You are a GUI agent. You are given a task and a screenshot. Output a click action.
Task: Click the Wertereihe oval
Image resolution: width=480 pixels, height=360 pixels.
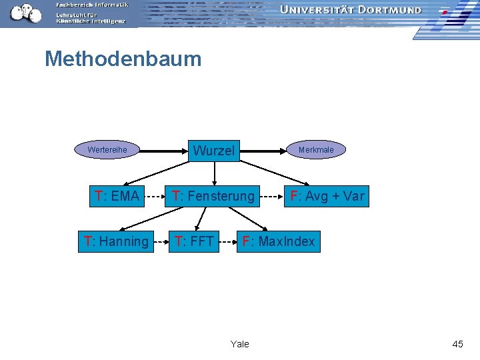(x=107, y=150)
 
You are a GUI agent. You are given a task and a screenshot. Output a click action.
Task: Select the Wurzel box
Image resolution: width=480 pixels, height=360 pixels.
(x=214, y=151)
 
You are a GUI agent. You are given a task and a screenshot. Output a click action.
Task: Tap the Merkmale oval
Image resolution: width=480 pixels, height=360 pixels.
(x=316, y=150)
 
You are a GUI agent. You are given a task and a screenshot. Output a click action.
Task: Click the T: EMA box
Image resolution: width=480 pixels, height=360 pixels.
(x=117, y=196)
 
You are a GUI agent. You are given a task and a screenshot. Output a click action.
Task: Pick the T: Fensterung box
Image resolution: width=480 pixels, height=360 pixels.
(x=213, y=196)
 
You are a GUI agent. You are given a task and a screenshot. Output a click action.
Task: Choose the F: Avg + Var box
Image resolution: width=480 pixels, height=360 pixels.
(x=326, y=196)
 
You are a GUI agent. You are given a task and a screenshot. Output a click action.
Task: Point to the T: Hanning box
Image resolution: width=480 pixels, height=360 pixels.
(x=116, y=241)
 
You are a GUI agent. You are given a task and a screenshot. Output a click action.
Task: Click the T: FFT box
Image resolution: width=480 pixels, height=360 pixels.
(x=194, y=241)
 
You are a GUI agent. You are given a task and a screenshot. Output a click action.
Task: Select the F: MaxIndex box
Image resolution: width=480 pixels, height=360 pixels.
(x=279, y=241)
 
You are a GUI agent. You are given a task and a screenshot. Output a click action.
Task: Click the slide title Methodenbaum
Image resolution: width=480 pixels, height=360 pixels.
(x=123, y=59)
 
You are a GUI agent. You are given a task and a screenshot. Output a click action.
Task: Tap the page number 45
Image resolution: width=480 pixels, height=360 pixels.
(x=457, y=344)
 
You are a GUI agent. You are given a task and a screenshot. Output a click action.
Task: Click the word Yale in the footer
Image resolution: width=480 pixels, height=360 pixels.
(x=239, y=344)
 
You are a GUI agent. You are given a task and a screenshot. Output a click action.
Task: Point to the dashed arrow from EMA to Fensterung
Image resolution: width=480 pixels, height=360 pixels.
(x=155, y=197)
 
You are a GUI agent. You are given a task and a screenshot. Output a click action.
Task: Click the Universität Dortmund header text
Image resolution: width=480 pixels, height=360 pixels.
(x=351, y=10)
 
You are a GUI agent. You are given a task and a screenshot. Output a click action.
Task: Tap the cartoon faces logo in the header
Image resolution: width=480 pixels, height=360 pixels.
(x=25, y=12)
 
